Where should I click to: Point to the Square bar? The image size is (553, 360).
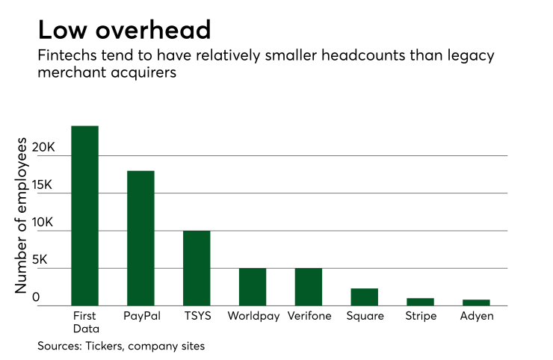click(365, 297)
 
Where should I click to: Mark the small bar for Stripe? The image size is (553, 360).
click(421, 302)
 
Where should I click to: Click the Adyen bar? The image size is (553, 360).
click(476, 302)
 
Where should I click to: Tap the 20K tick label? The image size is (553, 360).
click(43, 148)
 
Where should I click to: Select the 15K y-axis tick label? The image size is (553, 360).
click(43, 185)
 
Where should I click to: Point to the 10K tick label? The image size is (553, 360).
click(43, 223)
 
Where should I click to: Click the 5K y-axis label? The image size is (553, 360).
click(46, 260)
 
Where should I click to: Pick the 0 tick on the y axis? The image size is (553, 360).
click(46, 297)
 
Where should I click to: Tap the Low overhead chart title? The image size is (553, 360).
click(124, 31)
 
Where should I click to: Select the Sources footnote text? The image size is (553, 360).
click(121, 346)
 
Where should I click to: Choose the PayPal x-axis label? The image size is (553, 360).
click(140, 316)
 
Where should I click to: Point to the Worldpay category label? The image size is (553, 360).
click(253, 316)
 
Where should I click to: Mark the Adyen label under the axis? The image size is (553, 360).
click(476, 316)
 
